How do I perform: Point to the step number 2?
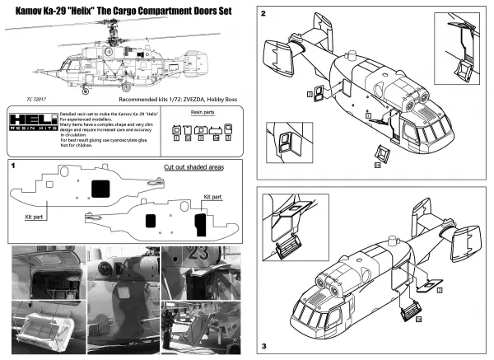pos(263,15)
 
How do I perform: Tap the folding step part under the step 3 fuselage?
pos(408,311)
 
